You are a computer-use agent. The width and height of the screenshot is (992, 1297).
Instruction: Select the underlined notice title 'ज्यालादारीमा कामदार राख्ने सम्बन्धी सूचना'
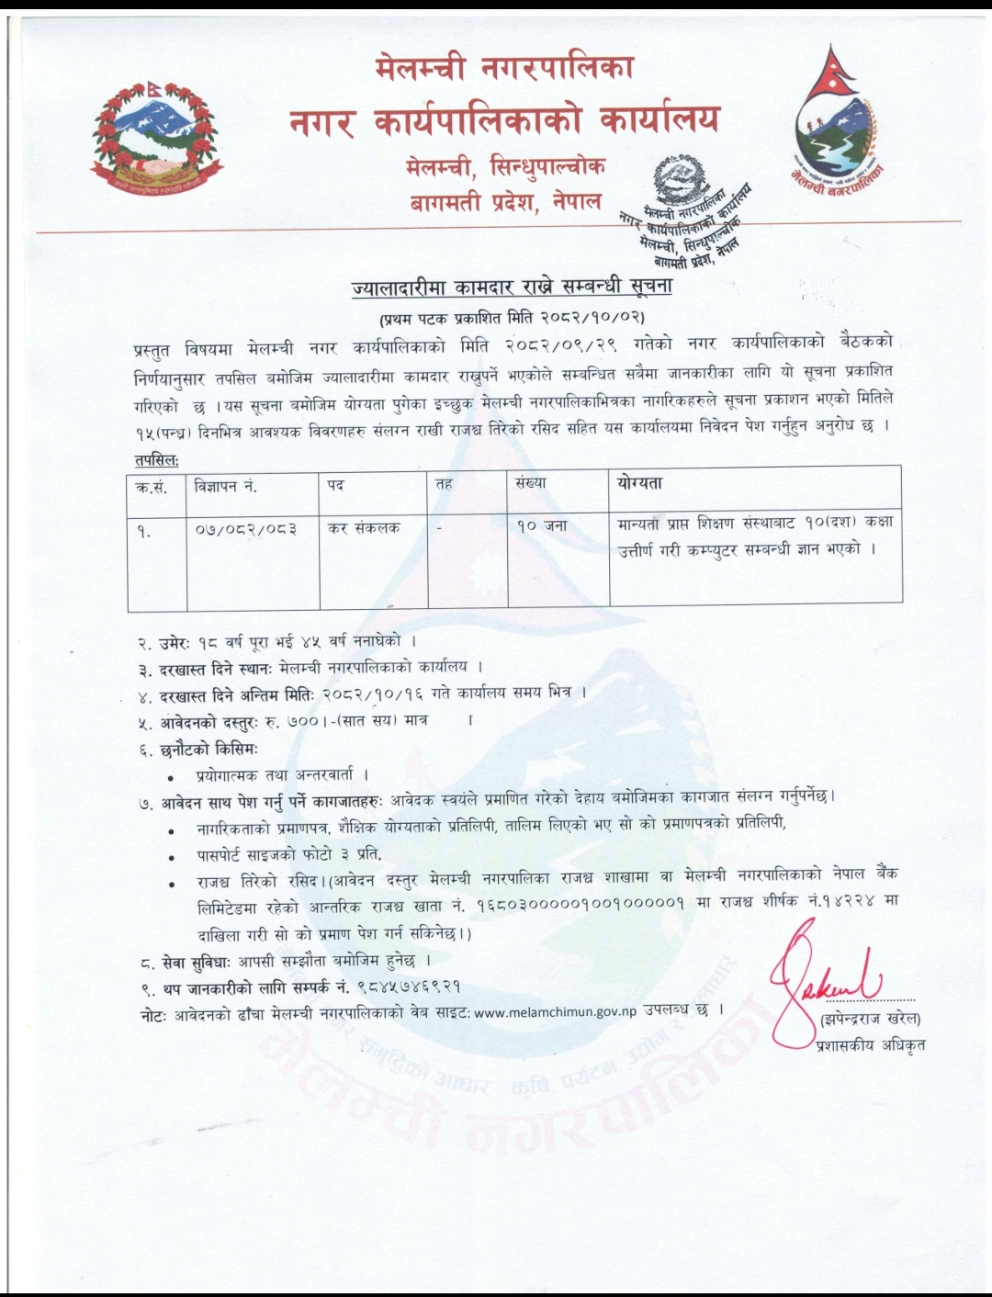click(513, 288)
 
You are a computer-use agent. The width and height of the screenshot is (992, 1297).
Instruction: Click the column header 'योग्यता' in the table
click(640, 484)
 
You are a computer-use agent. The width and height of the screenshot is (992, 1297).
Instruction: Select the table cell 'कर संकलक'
click(365, 528)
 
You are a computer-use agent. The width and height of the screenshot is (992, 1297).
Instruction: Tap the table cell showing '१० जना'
click(542, 527)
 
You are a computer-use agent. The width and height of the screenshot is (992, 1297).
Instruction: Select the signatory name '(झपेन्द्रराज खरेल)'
click(869, 1018)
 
